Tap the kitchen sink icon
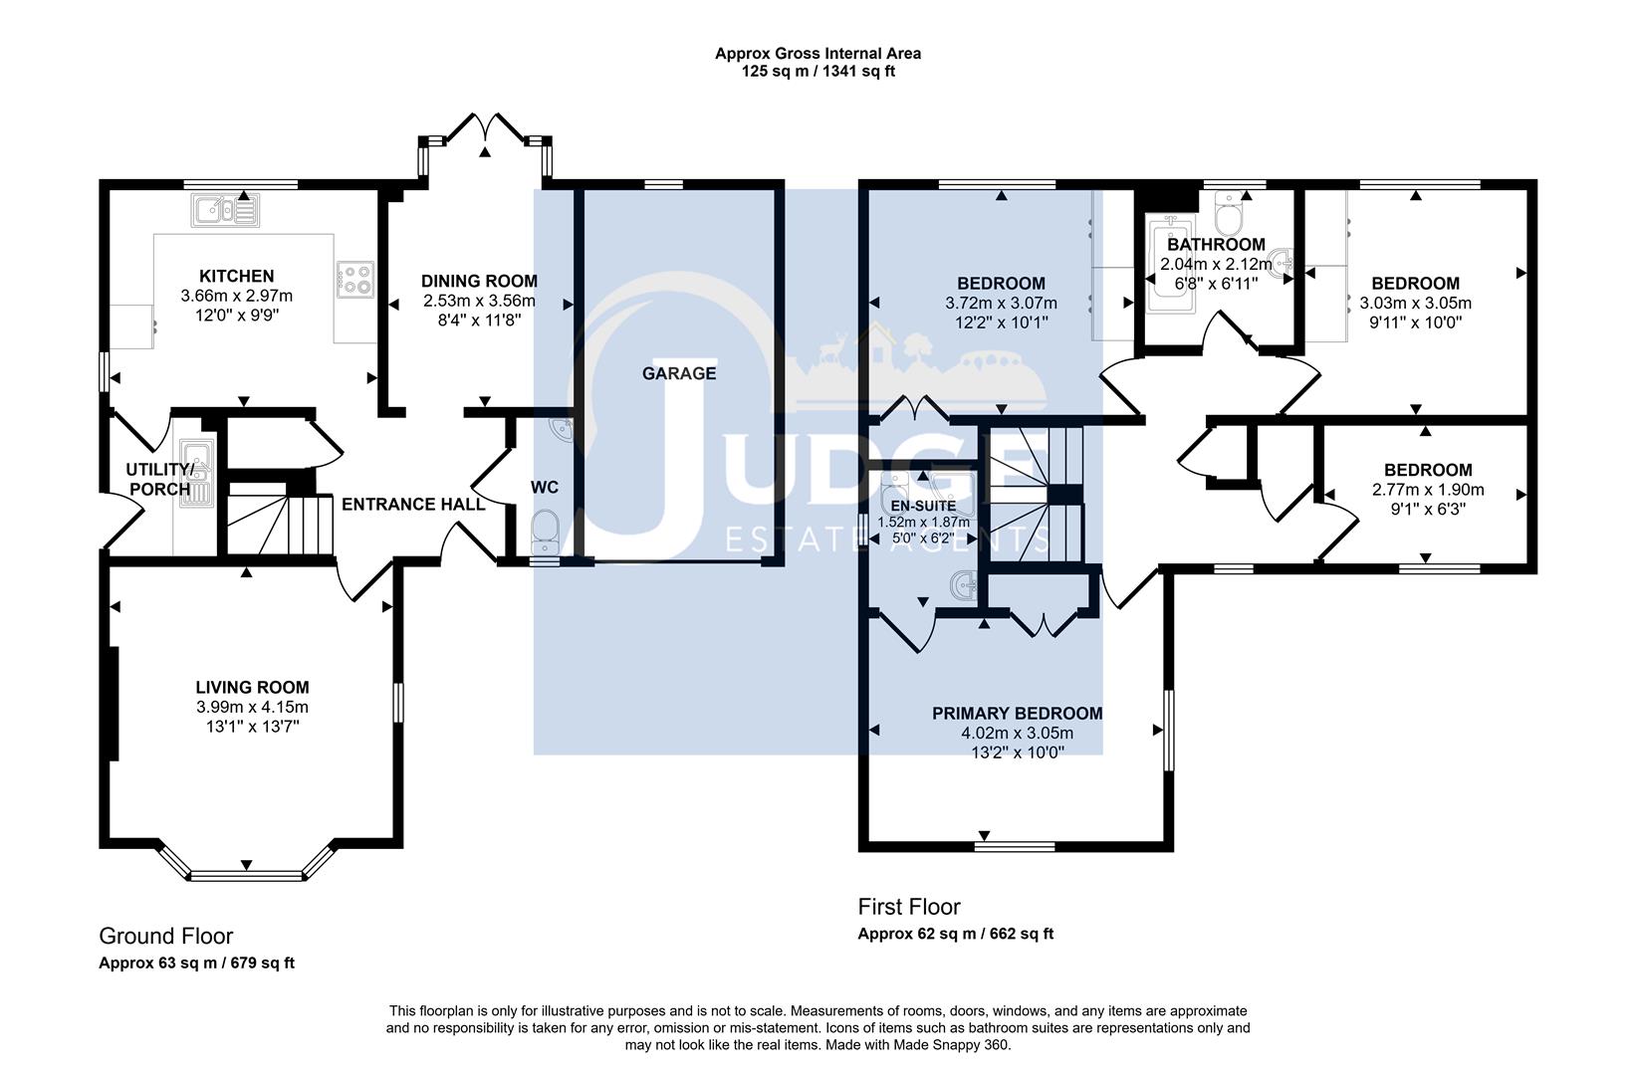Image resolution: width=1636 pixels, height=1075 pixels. click(x=225, y=209)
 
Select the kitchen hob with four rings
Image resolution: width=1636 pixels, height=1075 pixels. click(x=355, y=279)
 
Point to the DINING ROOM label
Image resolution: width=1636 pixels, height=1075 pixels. click(x=479, y=282)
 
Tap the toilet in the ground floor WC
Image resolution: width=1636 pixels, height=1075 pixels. click(x=546, y=534)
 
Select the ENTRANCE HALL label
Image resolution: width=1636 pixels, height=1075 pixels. click(x=413, y=505)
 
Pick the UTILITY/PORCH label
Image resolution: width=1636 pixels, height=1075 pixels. click(x=158, y=479)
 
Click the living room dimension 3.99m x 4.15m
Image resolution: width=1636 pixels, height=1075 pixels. click(x=252, y=707)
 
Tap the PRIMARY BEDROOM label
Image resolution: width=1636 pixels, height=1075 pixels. click(x=1017, y=714)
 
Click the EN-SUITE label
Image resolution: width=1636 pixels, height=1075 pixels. click(x=923, y=507)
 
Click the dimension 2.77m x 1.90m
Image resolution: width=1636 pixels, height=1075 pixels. click(x=1427, y=490)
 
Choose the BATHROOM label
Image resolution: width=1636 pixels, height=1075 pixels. click(x=1216, y=245)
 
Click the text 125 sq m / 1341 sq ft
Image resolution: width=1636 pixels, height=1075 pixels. click(x=818, y=72)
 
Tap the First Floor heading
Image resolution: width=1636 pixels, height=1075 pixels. click(x=909, y=907)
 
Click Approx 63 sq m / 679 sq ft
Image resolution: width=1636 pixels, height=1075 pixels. click(x=196, y=963)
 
